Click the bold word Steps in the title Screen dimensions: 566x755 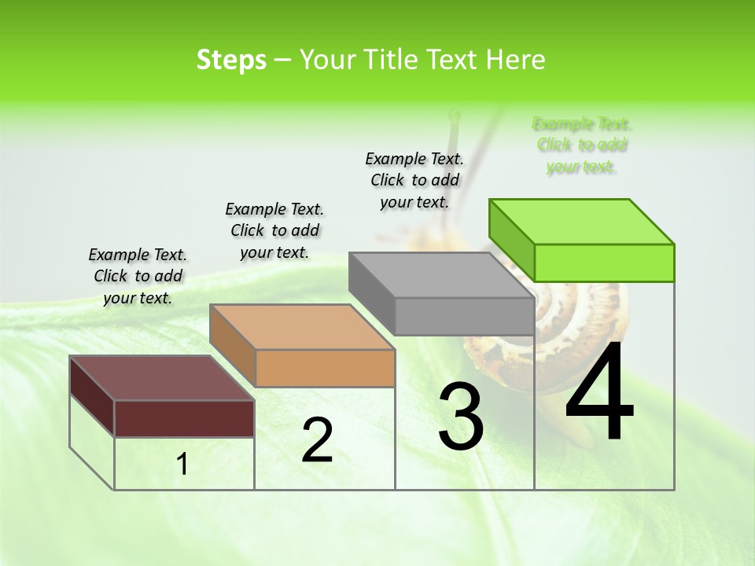click(231, 60)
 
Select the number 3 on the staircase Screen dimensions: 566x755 click(461, 417)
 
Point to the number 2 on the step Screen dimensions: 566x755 click(317, 440)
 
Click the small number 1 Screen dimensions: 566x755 click(182, 465)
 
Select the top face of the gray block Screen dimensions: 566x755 click(440, 275)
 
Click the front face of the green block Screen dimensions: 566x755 click(604, 263)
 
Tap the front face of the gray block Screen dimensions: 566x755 click(464, 316)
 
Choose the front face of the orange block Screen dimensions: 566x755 click(325, 368)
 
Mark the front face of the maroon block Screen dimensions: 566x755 click(184, 418)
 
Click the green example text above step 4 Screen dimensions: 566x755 click(582, 145)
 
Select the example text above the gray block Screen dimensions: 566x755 click(414, 180)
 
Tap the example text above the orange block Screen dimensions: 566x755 click(274, 230)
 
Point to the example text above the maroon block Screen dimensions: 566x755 click(138, 276)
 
